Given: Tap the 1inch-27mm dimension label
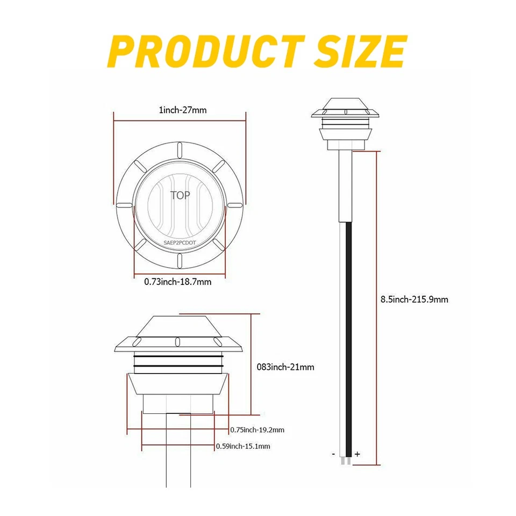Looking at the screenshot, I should coord(182,110).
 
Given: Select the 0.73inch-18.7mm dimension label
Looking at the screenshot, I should coord(177,281).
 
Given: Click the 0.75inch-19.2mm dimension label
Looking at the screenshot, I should coord(257,429).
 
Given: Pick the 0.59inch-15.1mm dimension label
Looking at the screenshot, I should coord(243,446).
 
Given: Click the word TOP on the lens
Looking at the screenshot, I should coord(180,195).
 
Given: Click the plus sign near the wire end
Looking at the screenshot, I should coord(357,454).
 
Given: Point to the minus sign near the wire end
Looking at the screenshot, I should coord(334,454).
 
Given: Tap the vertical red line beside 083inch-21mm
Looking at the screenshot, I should coord(251,363).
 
